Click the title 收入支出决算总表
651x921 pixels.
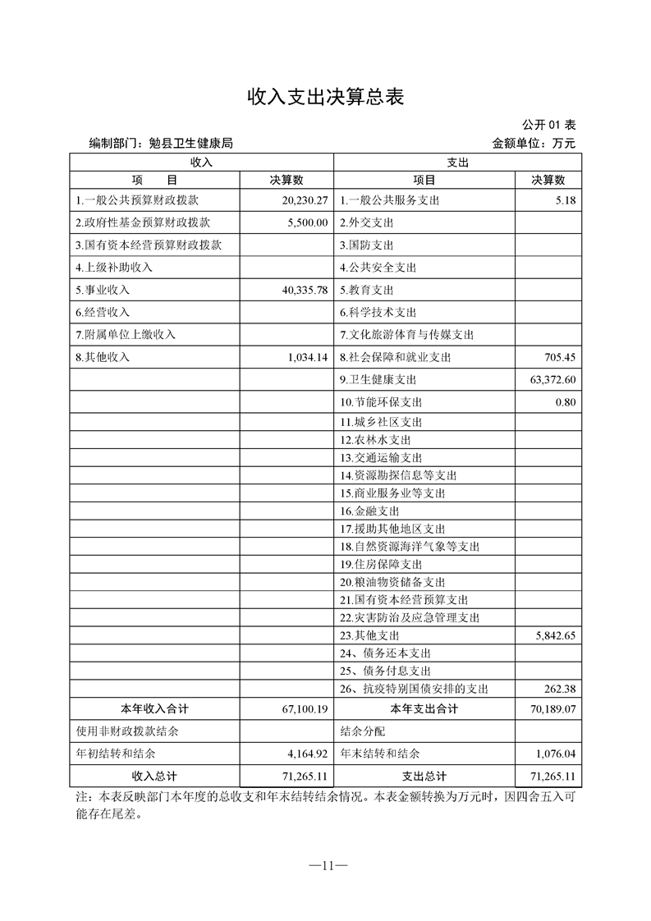pos(326,97)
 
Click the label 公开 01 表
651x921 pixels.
pos(549,125)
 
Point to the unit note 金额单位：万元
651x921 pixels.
pos(534,143)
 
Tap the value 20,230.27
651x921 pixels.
pos(305,200)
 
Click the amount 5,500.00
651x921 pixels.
pos(308,222)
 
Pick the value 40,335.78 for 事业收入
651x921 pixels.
pos(305,290)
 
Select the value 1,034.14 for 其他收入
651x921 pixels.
pos(308,357)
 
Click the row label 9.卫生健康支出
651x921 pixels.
pos(378,379)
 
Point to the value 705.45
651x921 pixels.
pos(559,357)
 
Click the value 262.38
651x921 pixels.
pos(559,689)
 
